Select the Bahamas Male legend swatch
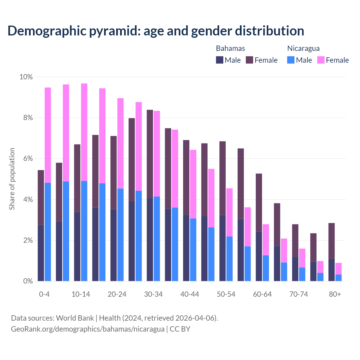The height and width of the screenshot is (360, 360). pos(219,60)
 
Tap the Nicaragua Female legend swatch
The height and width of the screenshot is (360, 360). pos(321,60)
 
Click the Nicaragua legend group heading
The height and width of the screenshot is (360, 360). pos(303,48)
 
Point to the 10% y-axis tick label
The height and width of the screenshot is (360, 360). pos(26,77)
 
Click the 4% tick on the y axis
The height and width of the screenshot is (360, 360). pos(28,200)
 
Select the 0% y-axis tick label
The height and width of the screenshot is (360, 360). pos(28,281)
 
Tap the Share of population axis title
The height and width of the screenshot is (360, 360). pos(12,179)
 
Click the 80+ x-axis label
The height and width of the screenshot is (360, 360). pos(335,294)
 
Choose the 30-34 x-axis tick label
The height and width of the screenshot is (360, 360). pos(153,294)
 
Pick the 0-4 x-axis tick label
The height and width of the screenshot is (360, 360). pos(44,294)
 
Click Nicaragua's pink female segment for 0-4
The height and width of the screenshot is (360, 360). pos(48,135)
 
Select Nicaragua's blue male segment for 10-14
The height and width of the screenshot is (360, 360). pos(84,231)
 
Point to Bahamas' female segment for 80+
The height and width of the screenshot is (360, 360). pos(332,241)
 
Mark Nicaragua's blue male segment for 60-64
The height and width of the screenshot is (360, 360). pos(266,268)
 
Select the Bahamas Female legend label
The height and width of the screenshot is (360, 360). pos(266,60)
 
